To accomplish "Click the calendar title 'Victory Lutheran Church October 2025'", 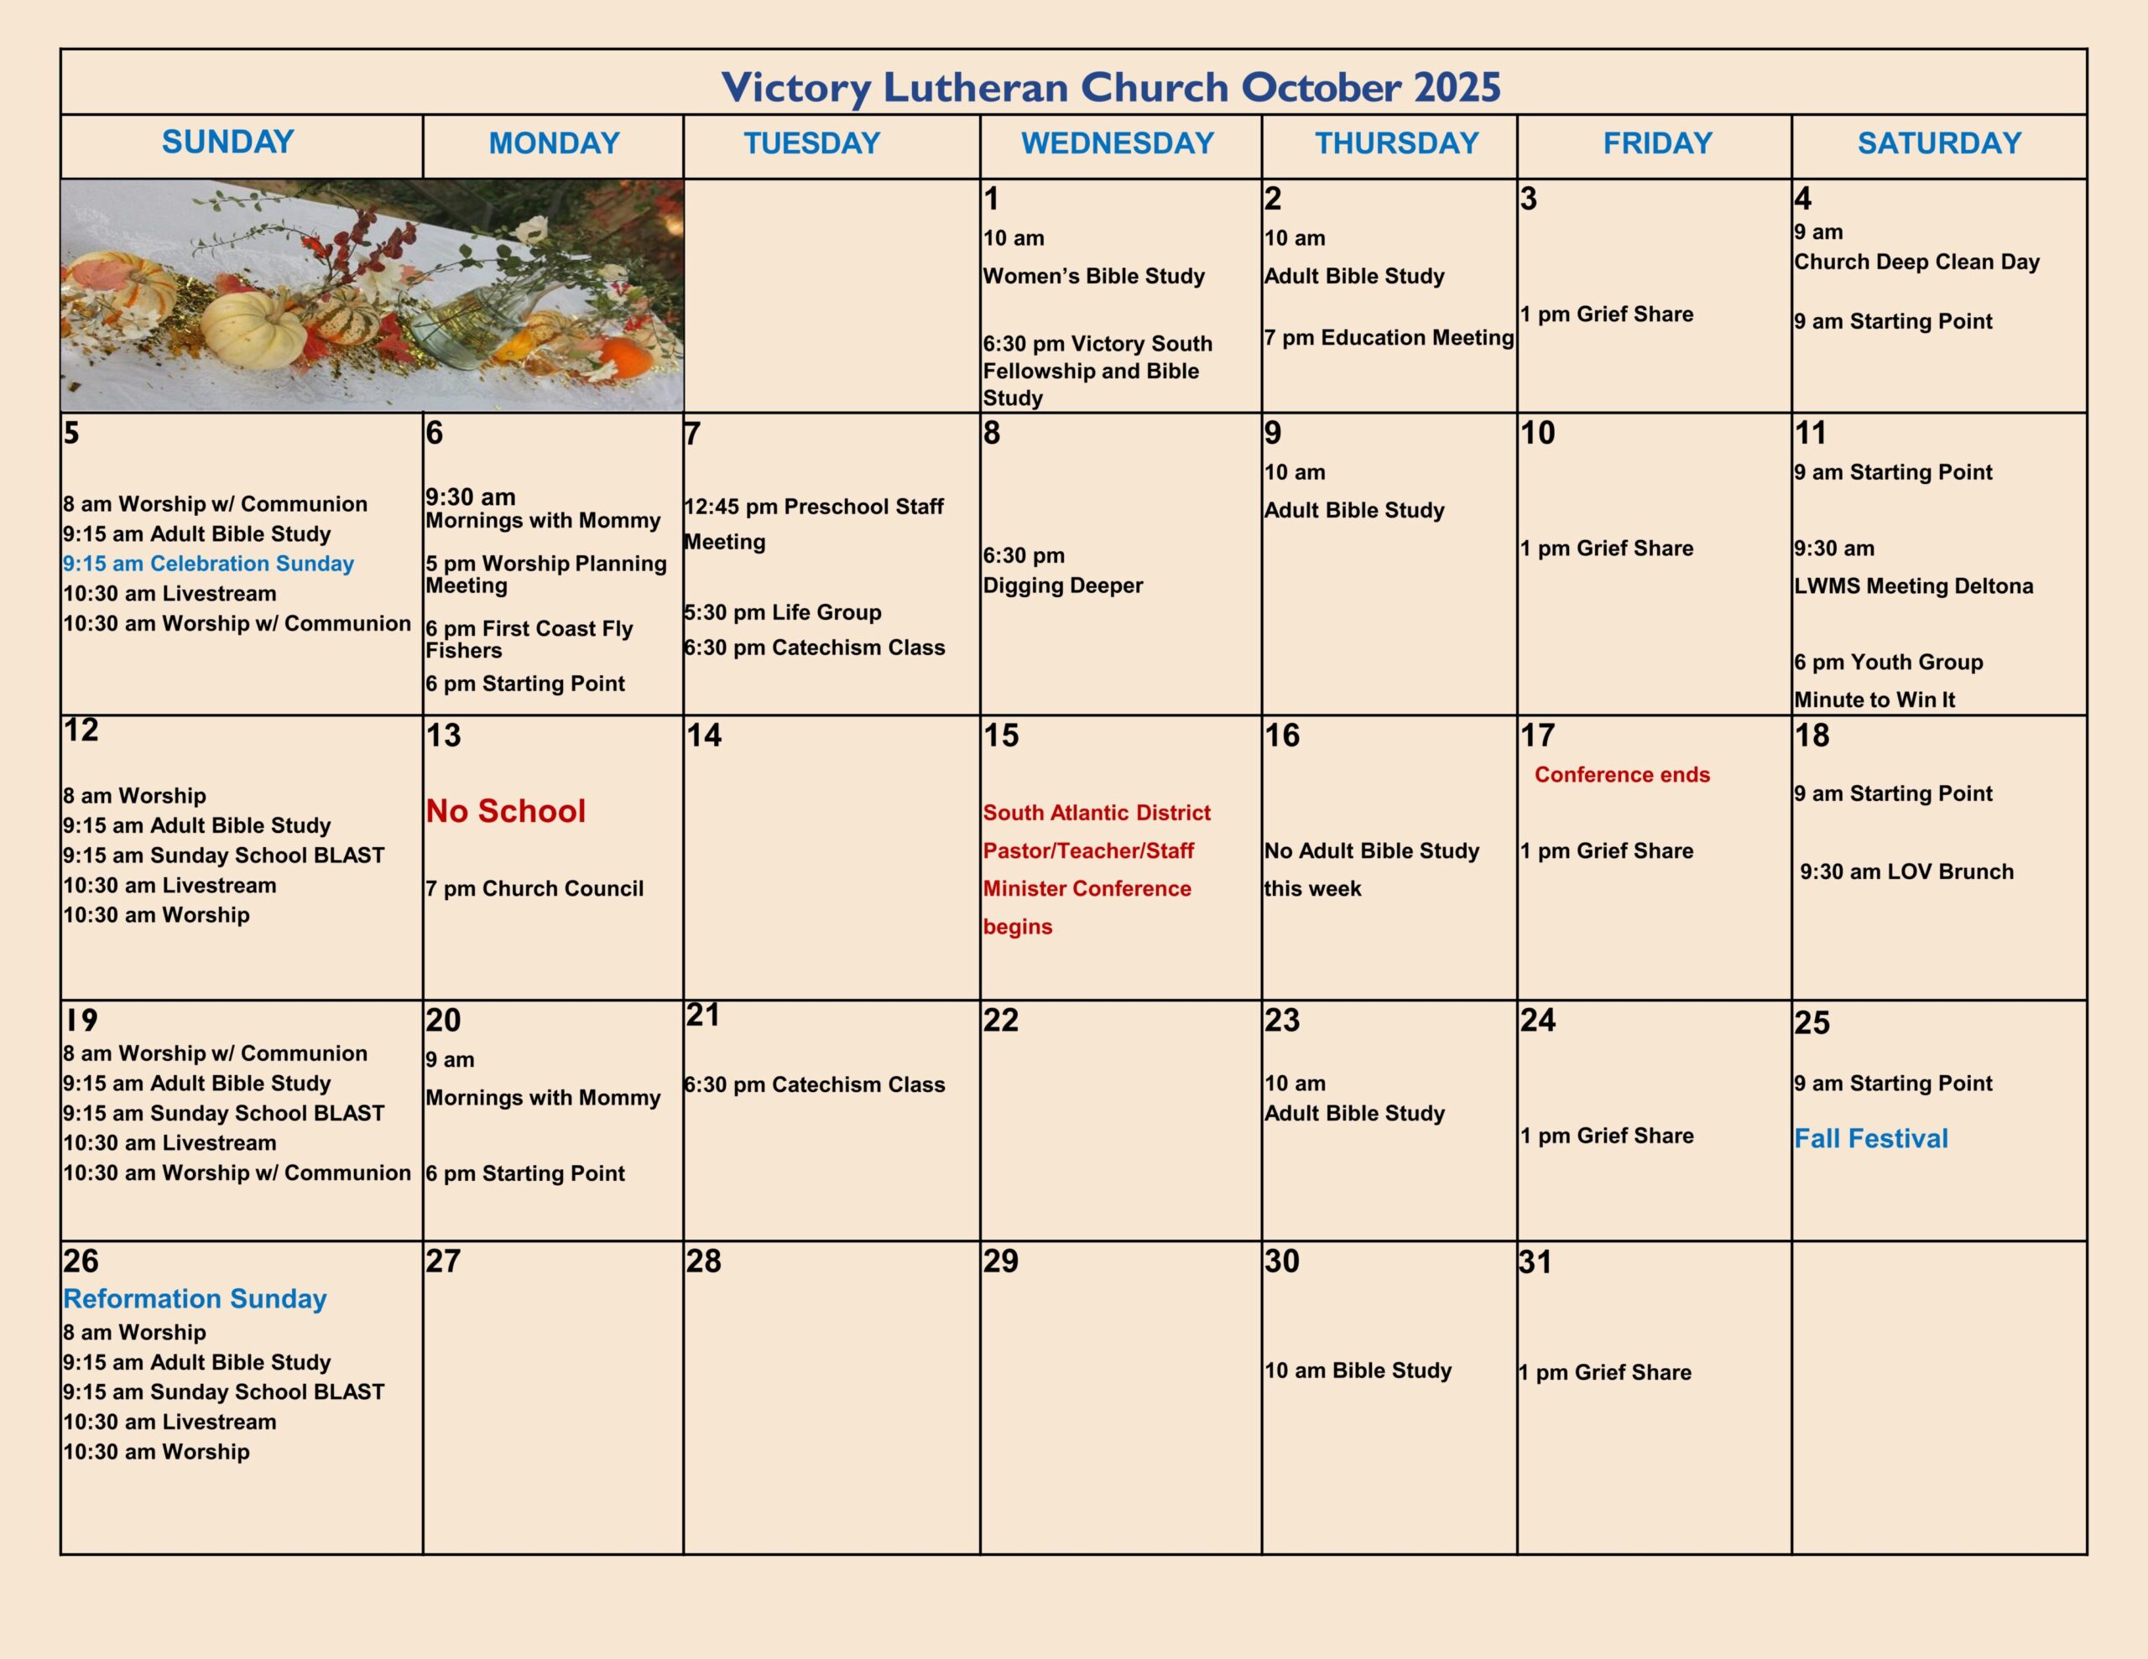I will click(1110, 86).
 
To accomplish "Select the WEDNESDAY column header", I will click(1118, 143).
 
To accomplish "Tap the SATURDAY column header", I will click(1938, 143).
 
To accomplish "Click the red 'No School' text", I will click(505, 811).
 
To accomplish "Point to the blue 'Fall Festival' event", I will click(1870, 1139).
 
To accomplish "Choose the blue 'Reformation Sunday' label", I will click(195, 1299).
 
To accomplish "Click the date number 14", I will click(704, 736).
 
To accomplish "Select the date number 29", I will click(1000, 1261).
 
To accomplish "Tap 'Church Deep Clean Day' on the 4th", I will click(1916, 263).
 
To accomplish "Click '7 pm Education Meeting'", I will click(1389, 338).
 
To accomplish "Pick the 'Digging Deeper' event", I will click(1062, 586).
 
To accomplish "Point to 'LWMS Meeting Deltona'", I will click(1913, 586).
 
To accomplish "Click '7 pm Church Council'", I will click(534, 889).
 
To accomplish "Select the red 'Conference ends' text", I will click(1622, 775).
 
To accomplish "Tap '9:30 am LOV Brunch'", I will click(1906, 872).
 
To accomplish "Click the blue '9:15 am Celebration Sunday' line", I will click(208, 564).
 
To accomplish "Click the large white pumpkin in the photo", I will click(253, 330).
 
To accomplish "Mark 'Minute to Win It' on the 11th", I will click(1874, 700).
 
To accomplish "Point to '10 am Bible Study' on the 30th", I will click(1358, 1370).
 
